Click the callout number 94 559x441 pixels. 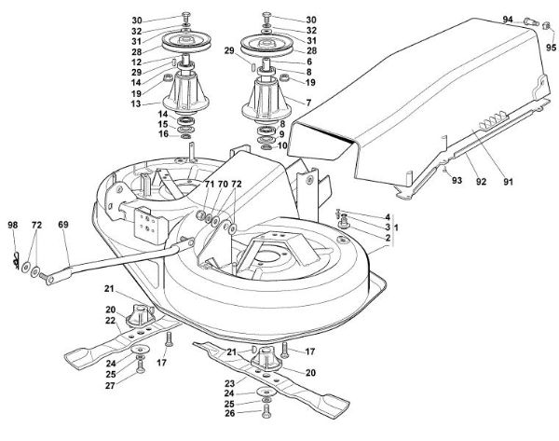tap(508, 19)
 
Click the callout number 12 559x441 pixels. tap(137, 62)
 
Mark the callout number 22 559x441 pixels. tap(110, 322)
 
